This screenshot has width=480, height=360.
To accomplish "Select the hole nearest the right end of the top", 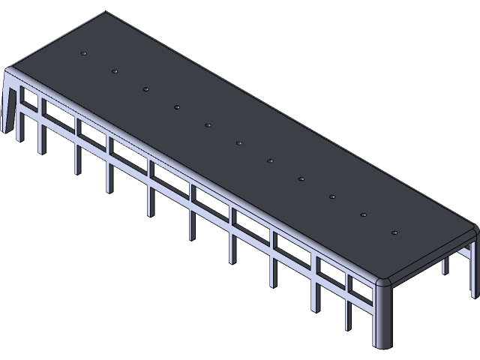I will click(394, 232).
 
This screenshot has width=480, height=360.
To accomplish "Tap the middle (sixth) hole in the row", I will click(239, 142).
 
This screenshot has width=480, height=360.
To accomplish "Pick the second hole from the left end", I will click(115, 71).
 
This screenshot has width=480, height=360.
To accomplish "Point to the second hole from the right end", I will click(363, 214).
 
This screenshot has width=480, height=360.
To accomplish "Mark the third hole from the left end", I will click(146, 89).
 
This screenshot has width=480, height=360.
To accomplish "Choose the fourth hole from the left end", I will click(177, 107).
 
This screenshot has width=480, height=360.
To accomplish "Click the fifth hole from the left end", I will click(208, 124).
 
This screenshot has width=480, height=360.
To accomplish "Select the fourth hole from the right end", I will click(301, 178).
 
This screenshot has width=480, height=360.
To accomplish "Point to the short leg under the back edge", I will click(445, 265).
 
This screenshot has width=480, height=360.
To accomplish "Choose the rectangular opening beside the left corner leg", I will click(28, 97).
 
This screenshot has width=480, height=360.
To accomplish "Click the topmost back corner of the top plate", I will click(106, 12).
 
